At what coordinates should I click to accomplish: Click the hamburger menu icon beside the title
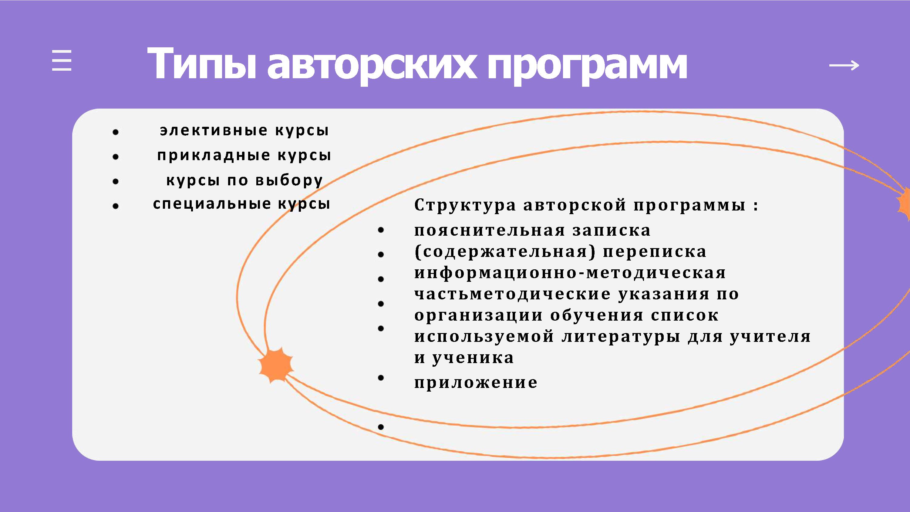pos(62,60)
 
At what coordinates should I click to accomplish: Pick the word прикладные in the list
pos(214,156)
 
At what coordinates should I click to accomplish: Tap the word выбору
pos(289,180)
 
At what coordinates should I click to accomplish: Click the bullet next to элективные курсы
pos(116,132)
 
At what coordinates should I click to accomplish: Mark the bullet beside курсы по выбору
pos(116,182)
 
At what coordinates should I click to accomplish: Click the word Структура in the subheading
pos(465,205)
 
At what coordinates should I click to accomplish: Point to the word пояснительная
pos(490,231)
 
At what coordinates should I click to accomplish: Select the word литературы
pos(621,337)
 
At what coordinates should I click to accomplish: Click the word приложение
pos(476,383)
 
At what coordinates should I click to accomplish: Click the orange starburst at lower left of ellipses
pos(275,365)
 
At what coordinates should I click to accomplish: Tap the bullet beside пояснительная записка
pos(381,230)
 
